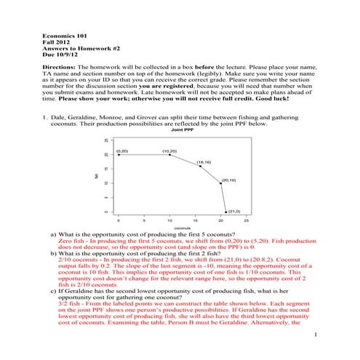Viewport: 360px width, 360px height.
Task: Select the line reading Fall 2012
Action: tap(55, 41)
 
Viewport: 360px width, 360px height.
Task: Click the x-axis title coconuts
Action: tap(175, 228)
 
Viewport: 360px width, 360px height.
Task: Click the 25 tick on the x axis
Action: tap(247, 220)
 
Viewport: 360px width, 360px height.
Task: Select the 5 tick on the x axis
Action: tap(144, 220)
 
